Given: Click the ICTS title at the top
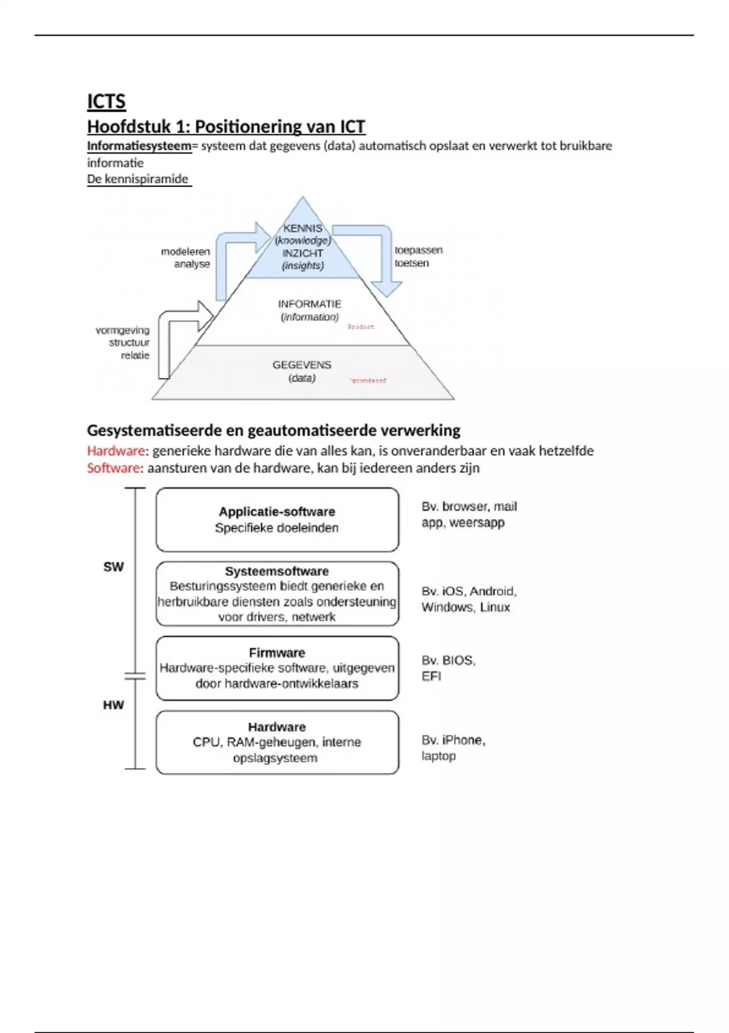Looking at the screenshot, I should (x=106, y=101).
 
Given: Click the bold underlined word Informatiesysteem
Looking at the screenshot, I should (x=139, y=146).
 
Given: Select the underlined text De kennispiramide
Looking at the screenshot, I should (x=138, y=179).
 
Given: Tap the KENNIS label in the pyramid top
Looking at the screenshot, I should (x=303, y=228).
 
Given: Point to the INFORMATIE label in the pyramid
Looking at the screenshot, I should (x=309, y=304).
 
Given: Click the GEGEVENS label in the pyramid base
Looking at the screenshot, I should (x=302, y=365).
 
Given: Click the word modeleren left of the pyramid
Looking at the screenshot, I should (x=185, y=252).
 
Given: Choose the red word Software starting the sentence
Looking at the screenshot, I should (x=113, y=468).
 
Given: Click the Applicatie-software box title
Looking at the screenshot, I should (x=277, y=512).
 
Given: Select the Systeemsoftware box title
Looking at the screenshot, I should (x=277, y=571).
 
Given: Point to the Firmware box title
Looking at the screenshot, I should (x=277, y=653).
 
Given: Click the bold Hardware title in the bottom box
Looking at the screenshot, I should (x=277, y=727).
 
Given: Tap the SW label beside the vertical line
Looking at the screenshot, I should (x=114, y=567).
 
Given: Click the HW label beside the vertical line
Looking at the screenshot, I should (x=114, y=705).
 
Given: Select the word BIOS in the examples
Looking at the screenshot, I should (x=458, y=661).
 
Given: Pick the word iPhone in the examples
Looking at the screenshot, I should (x=462, y=740).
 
